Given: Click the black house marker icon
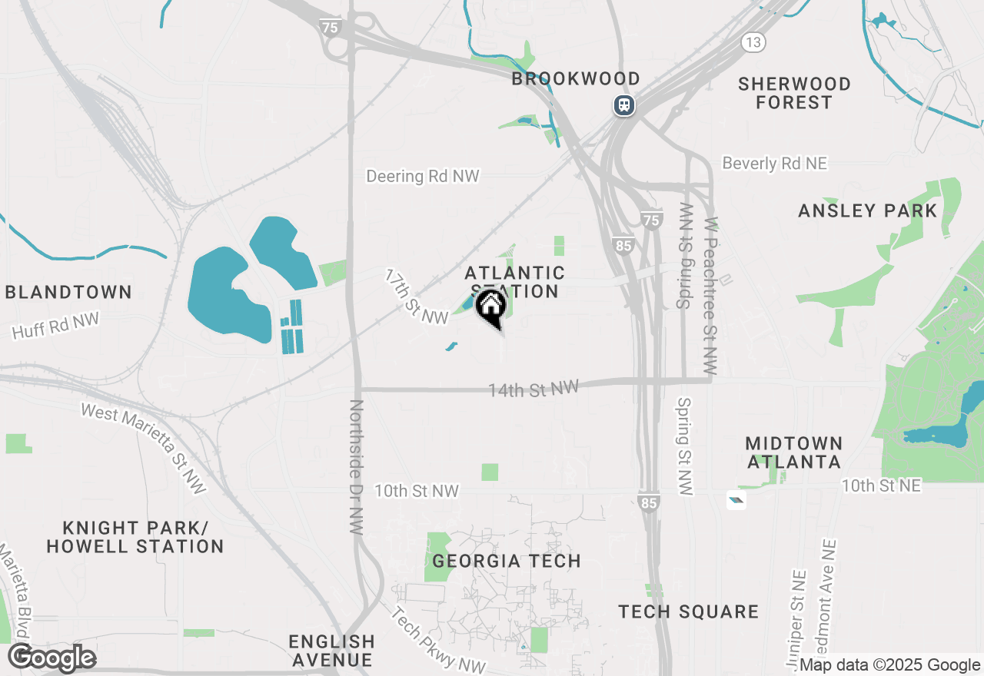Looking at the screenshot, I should coord(490,307).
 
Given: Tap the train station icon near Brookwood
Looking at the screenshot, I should coord(623,104).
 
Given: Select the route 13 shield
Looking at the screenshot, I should coord(753,42).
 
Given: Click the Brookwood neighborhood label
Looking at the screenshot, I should coord(576,78).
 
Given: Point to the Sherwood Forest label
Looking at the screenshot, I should coord(794,93).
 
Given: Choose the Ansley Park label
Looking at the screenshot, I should coord(868,211).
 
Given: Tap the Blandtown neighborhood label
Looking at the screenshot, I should coord(68,292).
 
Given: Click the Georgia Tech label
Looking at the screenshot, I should coord(507,561).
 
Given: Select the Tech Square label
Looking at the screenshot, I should coord(689,611).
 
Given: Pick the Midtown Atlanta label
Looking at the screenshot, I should coord(794,452).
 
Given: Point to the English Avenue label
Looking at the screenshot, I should coord(332,650).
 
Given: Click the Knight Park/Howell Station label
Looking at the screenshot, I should coord(135,537).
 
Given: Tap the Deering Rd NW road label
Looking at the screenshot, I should coord(423,176).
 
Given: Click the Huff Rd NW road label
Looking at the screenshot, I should coord(55,325).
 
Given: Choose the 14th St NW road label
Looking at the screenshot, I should coord(534,389).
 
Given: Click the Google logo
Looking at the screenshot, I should coord(52,658).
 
